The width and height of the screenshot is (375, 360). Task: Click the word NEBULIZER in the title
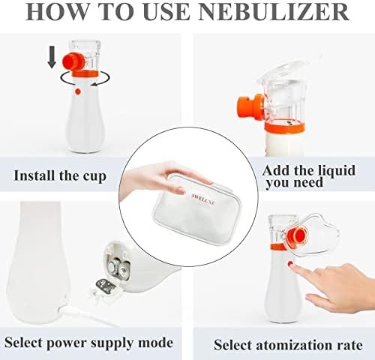tap(274, 12)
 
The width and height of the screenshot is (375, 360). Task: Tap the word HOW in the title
tap(58, 12)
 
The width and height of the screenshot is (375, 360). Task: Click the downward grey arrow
tap(52, 57)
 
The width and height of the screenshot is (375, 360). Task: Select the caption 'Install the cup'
tap(60, 175)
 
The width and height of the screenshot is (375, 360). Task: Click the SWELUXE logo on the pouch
tap(203, 199)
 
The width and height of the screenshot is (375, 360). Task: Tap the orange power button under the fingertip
tap(290, 263)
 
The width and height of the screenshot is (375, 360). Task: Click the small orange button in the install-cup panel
tap(78, 91)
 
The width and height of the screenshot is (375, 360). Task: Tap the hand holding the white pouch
tap(163, 178)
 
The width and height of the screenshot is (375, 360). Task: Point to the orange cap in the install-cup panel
tap(73, 61)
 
